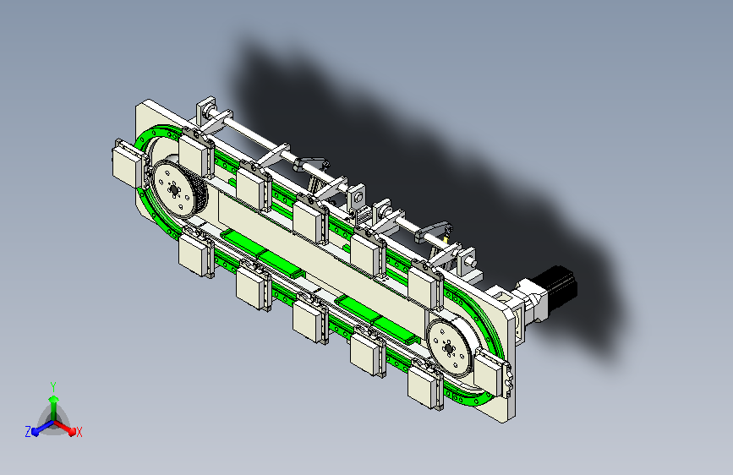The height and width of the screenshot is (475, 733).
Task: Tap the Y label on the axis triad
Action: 53,387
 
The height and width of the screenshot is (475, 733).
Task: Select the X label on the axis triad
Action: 79,433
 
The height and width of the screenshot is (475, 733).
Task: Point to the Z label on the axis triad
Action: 28,432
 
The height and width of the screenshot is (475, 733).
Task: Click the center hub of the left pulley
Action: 174,190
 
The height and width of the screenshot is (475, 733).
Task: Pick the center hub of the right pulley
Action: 449,348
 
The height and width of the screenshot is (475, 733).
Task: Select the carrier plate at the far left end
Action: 126,165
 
